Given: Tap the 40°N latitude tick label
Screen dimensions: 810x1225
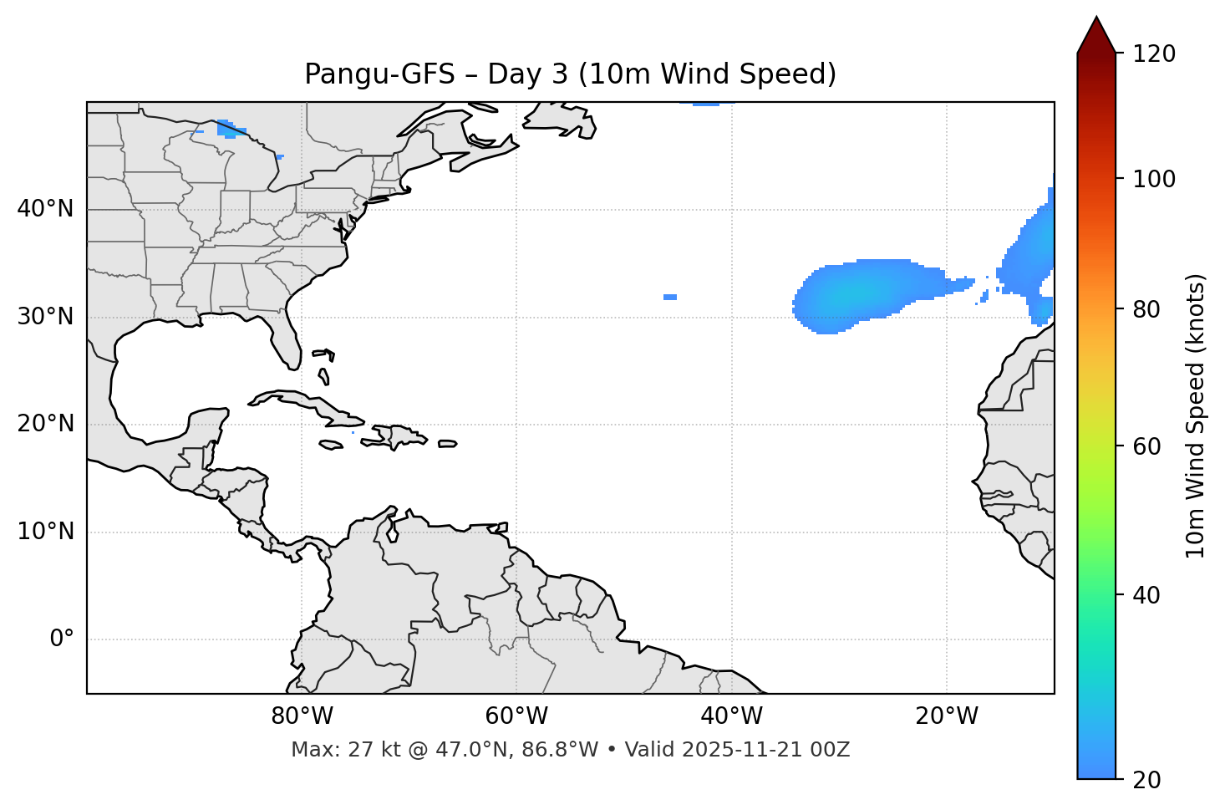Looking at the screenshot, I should pyautogui.click(x=45, y=209).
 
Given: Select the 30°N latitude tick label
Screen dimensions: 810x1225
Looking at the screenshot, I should pyautogui.click(x=45, y=317).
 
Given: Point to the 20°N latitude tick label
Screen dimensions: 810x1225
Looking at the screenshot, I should pyautogui.click(x=45, y=424).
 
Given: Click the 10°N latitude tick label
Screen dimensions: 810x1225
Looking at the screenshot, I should pyautogui.click(x=45, y=532).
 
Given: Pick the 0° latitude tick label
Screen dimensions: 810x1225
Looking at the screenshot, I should pyautogui.click(x=62, y=639).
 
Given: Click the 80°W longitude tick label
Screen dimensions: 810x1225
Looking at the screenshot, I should pyautogui.click(x=302, y=716).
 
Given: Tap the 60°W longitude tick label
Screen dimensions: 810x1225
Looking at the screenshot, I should pyautogui.click(x=516, y=716).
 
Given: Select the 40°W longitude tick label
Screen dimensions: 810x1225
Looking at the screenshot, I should pyautogui.click(x=731, y=716).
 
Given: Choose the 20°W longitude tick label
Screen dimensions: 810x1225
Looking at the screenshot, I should pyautogui.click(x=946, y=716).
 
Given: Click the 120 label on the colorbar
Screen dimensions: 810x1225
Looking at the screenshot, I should pyautogui.click(x=1154, y=54).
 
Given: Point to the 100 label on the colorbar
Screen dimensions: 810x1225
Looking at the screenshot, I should pyautogui.click(x=1154, y=179).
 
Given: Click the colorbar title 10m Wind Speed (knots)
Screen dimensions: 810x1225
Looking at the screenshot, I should pyautogui.click(x=1196, y=415).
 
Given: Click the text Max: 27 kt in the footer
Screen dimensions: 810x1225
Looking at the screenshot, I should pyautogui.click(x=327, y=750).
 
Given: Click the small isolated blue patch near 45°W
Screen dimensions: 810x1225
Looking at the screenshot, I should pyautogui.click(x=670, y=297).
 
